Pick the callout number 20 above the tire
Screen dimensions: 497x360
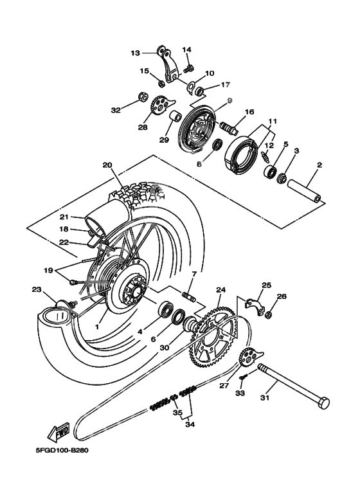(x=107, y=165)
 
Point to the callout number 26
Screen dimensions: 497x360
(x=282, y=296)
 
